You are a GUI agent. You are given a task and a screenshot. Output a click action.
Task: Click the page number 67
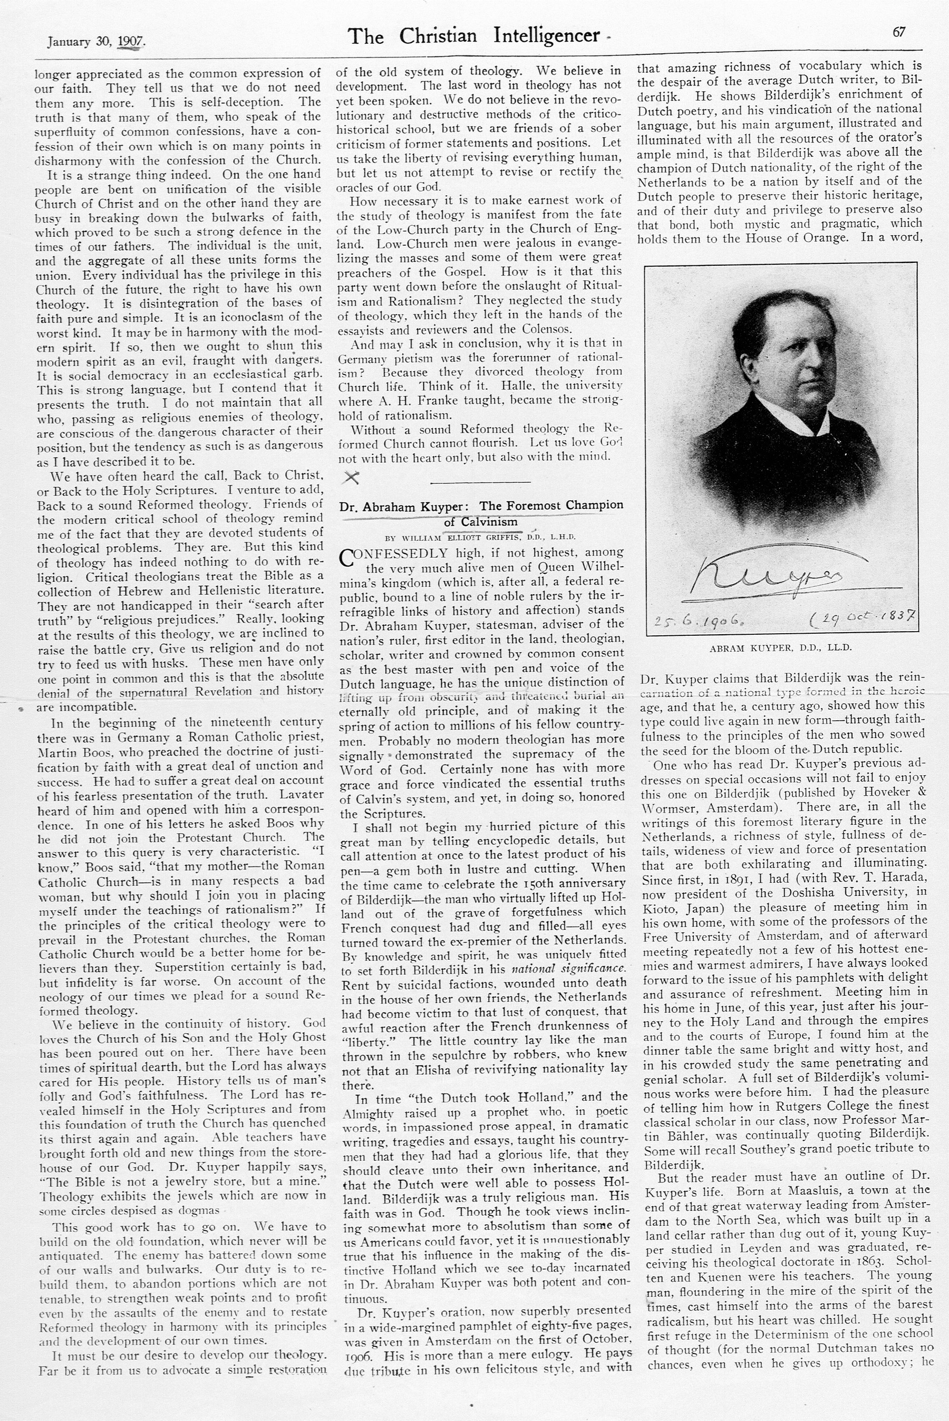(899, 33)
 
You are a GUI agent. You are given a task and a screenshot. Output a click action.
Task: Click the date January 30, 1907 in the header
(97, 42)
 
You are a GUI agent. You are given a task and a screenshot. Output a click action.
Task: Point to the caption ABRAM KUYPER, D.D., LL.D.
(780, 647)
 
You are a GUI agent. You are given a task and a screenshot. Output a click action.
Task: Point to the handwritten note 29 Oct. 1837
(863, 618)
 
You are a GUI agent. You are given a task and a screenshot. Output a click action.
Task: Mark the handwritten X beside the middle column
(351, 478)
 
